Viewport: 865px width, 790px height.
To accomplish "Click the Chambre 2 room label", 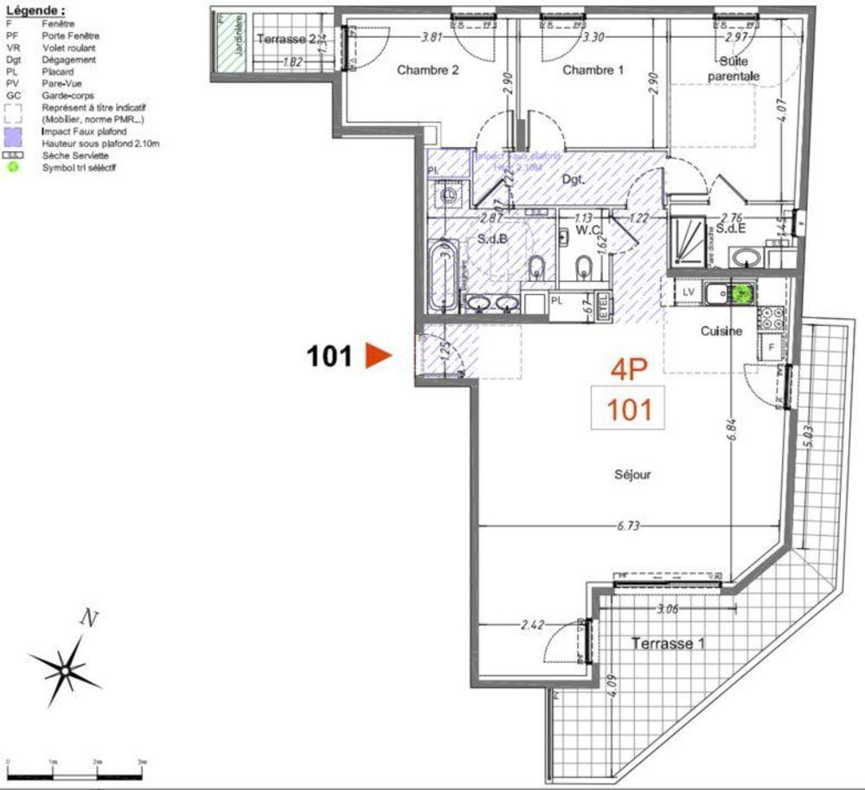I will tap(427, 70).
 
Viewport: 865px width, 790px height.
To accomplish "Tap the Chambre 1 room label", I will tap(593, 70).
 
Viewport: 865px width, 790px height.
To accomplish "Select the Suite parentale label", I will tap(733, 69).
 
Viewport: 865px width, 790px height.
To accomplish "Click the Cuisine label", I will tap(721, 331).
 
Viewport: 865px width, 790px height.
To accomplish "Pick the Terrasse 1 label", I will tap(668, 643).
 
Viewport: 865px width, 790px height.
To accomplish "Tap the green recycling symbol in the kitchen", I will tap(740, 293).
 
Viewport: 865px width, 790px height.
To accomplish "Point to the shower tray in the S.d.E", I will tap(689, 239).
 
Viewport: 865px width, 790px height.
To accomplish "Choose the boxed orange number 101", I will tap(628, 408).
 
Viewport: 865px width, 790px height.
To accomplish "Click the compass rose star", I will tap(66, 666).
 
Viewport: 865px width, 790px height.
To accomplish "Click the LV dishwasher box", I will tap(689, 292).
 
